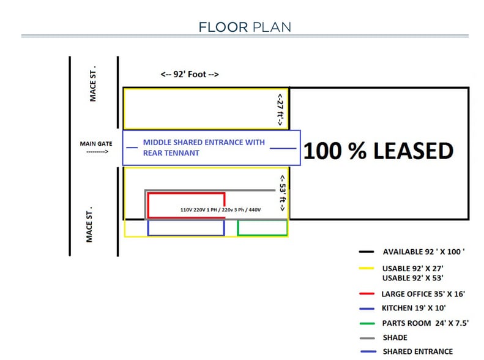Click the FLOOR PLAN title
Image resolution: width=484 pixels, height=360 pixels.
pos(244,26)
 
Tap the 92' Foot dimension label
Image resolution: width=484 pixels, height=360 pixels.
pos(190,75)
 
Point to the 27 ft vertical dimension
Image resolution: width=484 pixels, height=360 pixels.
pos(280,108)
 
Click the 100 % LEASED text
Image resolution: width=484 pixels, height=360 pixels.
pos(378,151)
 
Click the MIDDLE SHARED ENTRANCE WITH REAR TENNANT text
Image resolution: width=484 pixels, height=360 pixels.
pos(203,148)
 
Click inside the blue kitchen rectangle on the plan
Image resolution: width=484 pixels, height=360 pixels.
pos(186,227)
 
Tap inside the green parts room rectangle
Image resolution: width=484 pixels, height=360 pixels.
pos(262,227)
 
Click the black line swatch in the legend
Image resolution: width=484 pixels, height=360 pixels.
pos(367,252)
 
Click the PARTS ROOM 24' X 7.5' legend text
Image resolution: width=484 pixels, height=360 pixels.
pos(425,323)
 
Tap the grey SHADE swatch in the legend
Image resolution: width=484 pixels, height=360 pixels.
pos(367,337)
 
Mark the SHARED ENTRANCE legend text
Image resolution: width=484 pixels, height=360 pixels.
pos(417,351)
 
